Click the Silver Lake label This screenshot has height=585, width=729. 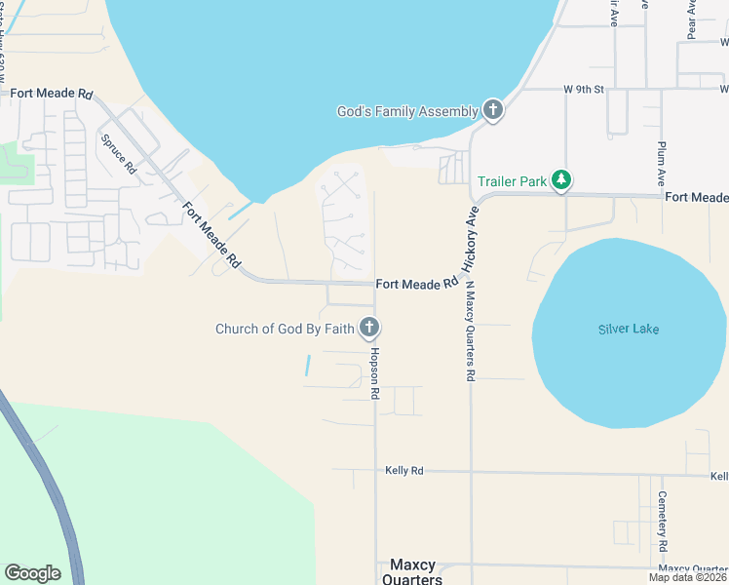pyautogui.click(x=628, y=329)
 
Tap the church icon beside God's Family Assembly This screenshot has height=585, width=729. pyautogui.click(x=492, y=110)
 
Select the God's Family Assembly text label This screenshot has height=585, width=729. pyautogui.click(x=407, y=111)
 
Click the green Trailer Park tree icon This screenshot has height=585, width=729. pyautogui.click(x=560, y=180)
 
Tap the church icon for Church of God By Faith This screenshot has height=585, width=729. pyautogui.click(x=369, y=328)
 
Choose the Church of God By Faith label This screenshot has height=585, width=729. pyautogui.click(x=285, y=329)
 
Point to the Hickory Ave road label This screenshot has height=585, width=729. pyautogui.click(x=470, y=245)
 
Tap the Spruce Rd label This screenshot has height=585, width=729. pyautogui.click(x=118, y=153)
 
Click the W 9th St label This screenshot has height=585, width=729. pyautogui.click(x=584, y=89)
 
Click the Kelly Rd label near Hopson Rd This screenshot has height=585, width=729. pyautogui.click(x=403, y=471)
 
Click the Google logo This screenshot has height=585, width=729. pyautogui.click(x=32, y=573)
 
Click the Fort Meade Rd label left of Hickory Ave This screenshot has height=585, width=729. pyautogui.click(x=416, y=284)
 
